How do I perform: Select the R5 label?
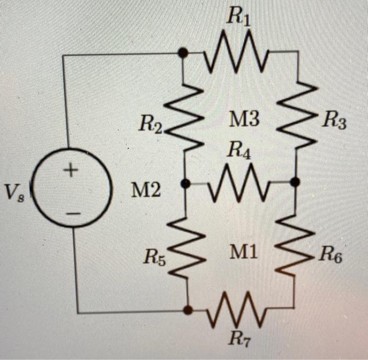click(155, 258)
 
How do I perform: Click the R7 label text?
click(239, 339)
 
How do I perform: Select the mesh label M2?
click(145, 191)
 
